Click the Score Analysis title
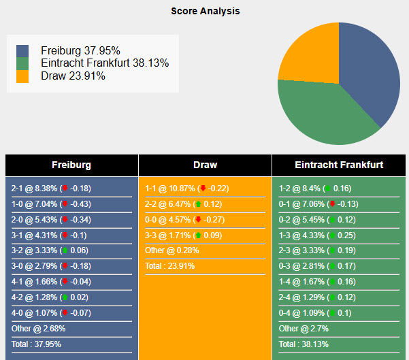tap(205, 11)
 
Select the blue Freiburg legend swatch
tap(23, 51)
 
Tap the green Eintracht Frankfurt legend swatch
tap(23, 63)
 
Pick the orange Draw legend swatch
tap(23, 76)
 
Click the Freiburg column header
tap(71, 165)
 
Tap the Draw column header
tap(205, 165)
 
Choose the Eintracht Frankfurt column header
tap(339, 165)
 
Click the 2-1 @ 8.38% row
tap(51, 189)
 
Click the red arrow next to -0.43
tap(65, 204)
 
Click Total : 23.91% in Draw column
tap(169, 266)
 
